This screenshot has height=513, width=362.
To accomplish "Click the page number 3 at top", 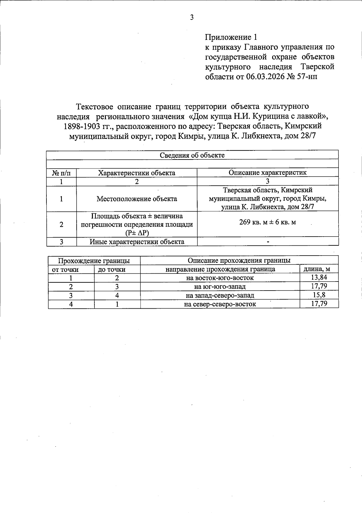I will point(192,17).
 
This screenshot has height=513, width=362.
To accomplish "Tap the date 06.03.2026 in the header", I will point(265,77).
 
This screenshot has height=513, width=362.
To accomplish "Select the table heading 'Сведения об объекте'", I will point(192,155).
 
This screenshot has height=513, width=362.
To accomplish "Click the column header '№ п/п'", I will point(61,173).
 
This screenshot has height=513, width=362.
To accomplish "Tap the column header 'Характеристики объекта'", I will point(137,173).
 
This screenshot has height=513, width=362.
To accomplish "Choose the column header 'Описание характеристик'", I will point(267,172).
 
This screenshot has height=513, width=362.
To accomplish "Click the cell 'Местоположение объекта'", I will point(137,199).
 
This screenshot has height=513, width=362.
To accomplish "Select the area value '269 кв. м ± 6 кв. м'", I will point(267,222).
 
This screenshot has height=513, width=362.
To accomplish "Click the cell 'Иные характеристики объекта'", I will point(137,242).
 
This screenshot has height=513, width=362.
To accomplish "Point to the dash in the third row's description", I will point(268,242).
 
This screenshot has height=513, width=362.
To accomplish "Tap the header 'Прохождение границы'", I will point(94,261).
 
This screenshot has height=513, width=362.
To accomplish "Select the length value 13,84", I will point(319,277).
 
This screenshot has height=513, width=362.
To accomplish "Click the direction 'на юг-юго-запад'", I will point(220,287).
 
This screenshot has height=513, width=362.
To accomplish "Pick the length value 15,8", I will point(319,295).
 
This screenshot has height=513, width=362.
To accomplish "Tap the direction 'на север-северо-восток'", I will point(220,304).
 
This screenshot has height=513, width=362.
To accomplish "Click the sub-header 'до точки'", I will point(111,269).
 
